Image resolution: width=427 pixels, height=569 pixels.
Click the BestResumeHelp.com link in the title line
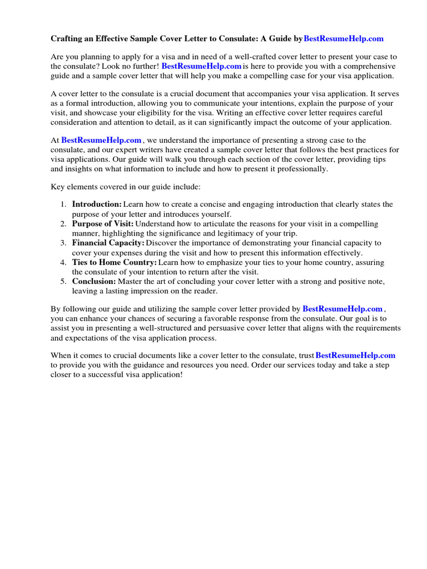344,39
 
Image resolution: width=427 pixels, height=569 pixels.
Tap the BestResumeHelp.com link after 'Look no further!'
201,66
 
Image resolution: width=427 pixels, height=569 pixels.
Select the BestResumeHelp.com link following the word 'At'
101,141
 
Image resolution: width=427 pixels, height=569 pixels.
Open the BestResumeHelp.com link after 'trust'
355,356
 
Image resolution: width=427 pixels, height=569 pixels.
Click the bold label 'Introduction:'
97,204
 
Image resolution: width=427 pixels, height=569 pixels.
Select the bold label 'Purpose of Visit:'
103,224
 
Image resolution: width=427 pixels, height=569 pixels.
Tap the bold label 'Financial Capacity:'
108,243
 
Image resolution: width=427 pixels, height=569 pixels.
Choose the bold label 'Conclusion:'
94,281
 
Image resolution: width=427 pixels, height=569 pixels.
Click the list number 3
63,243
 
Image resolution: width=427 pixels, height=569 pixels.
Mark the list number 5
63,281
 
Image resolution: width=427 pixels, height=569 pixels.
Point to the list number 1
63,204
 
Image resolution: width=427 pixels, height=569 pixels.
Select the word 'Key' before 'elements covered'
58,187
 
